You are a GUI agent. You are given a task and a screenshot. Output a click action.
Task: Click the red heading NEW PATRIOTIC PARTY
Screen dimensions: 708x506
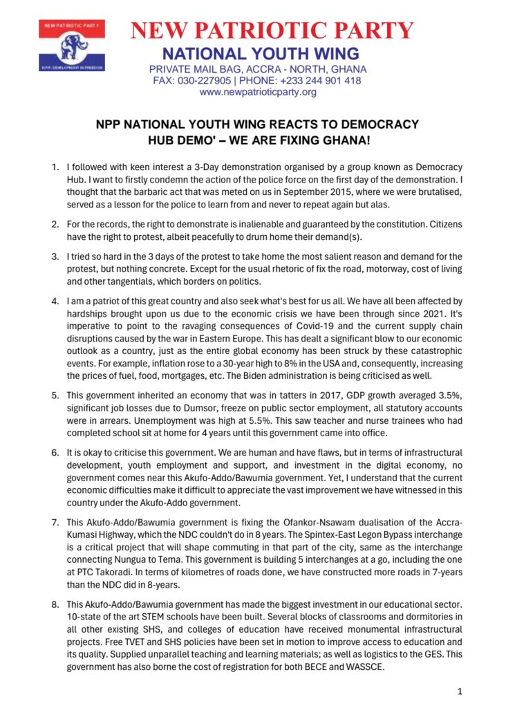[272, 31]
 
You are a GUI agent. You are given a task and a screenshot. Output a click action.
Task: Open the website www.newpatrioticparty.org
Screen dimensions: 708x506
[258, 91]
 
